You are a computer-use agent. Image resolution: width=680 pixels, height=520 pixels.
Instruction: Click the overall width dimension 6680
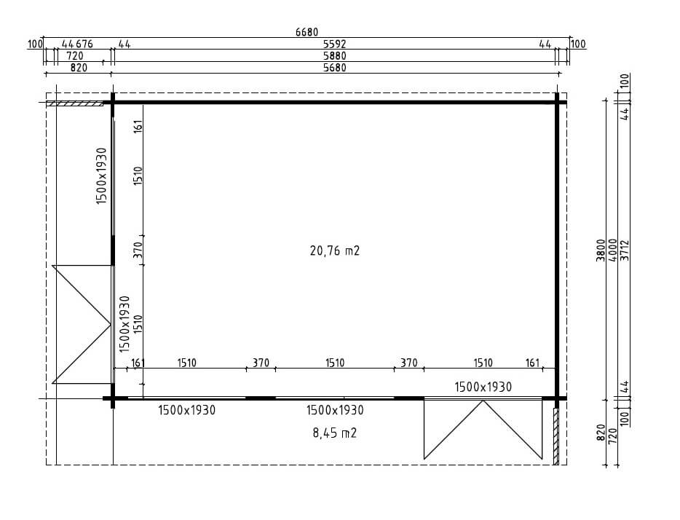307,32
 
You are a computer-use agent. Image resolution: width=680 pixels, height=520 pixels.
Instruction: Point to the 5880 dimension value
335,56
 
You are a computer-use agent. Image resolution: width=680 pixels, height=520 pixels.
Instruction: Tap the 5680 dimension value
335,68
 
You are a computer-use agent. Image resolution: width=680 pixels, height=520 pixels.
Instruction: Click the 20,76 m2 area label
335,251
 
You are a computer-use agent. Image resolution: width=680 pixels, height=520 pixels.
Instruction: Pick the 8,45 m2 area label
335,433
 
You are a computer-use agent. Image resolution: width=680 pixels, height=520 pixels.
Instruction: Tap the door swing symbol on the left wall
80,324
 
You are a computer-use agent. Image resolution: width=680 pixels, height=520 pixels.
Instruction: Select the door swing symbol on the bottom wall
483,430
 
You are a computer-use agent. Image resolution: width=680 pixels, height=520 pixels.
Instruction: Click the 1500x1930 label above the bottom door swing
483,387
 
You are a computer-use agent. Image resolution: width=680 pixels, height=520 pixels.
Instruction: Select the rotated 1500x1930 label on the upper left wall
102,176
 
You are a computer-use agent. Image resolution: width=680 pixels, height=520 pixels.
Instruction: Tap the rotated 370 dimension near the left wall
138,251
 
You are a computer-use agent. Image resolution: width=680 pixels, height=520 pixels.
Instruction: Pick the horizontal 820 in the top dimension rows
78,68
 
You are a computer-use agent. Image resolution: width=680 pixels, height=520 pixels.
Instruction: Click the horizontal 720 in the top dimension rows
74,56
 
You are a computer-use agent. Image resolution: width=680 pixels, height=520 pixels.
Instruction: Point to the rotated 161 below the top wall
138,127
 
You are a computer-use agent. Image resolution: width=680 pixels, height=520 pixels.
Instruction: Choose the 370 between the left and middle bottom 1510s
261,363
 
